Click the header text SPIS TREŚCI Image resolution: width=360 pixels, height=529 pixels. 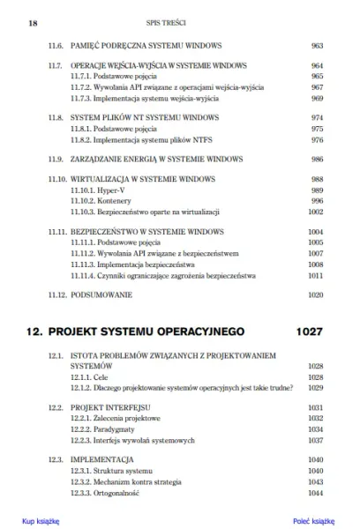(179, 15)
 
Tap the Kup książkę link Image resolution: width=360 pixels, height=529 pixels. (40, 520)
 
